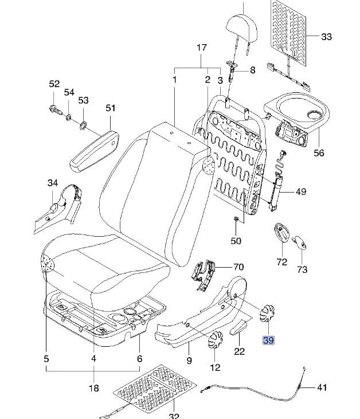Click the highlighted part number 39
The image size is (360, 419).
[269, 340]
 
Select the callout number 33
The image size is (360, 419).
[326, 37]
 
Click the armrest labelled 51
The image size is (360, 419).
[94, 150]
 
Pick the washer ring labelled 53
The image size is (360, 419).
[83, 125]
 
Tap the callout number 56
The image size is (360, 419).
[319, 153]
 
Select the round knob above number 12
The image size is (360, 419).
[215, 340]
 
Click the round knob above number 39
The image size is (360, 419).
[268, 312]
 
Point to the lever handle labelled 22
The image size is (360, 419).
[239, 327]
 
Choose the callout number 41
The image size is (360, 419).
[322, 387]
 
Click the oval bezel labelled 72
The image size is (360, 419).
[281, 232]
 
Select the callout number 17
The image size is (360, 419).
[202, 48]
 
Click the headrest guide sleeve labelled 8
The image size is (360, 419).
[232, 70]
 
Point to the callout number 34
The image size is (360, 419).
[53, 183]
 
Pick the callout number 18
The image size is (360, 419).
[93, 387]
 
